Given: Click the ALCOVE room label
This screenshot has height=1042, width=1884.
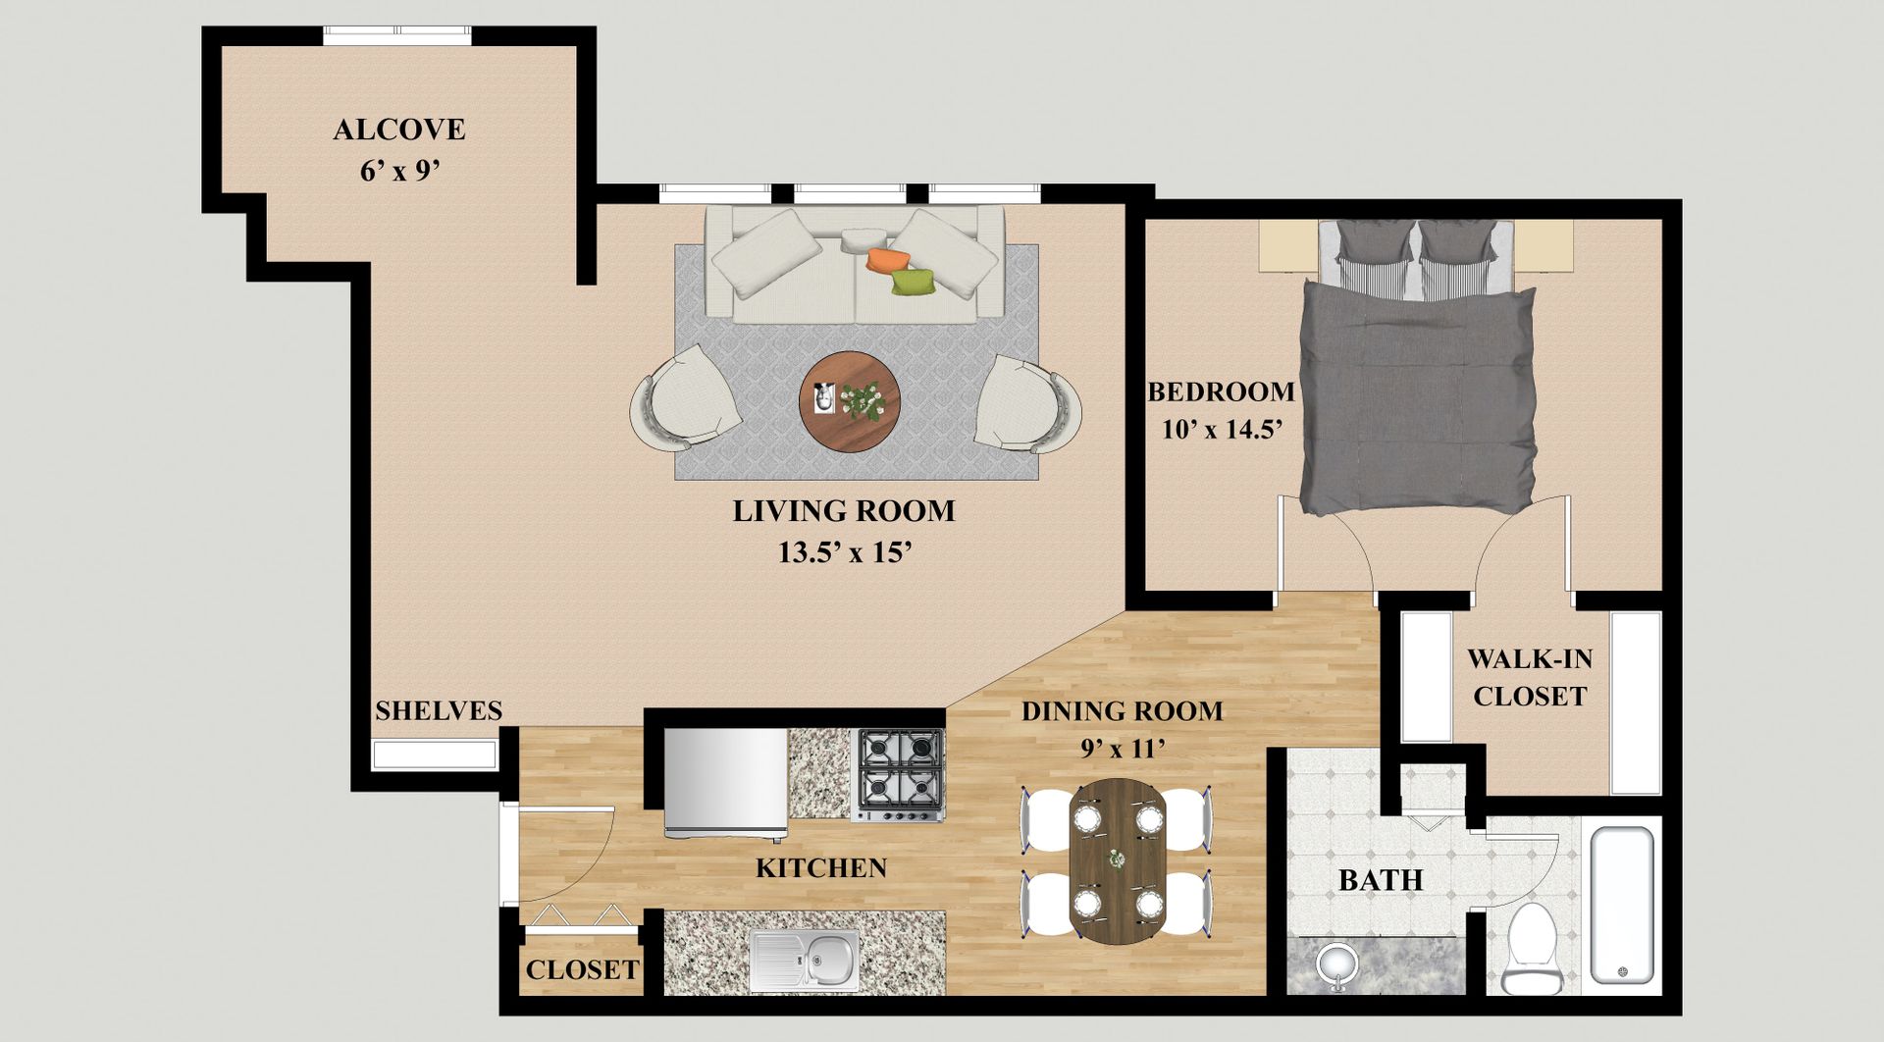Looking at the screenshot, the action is pyautogui.click(x=399, y=130).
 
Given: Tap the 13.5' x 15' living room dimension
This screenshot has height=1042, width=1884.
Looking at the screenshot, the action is pyautogui.click(x=846, y=552).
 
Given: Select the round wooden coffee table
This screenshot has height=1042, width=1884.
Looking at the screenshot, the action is pyautogui.click(x=850, y=400).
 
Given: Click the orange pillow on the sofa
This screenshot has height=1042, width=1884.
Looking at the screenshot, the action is pyautogui.click(x=888, y=259).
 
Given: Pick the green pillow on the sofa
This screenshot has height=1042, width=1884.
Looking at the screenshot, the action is pyautogui.click(x=913, y=282).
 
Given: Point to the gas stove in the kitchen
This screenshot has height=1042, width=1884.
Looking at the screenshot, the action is pyautogui.click(x=900, y=774).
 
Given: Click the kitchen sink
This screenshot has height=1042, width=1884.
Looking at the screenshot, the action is pyautogui.click(x=805, y=960).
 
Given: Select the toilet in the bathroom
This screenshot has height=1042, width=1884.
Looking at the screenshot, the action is pyautogui.click(x=1531, y=949).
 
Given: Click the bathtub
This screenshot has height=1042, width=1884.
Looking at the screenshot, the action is pyautogui.click(x=1622, y=905).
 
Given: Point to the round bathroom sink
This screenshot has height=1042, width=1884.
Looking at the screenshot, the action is pyautogui.click(x=1337, y=964).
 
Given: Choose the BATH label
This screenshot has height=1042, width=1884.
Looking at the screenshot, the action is pyautogui.click(x=1381, y=880).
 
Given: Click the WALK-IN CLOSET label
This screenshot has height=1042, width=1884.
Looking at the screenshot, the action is pyautogui.click(x=1530, y=677).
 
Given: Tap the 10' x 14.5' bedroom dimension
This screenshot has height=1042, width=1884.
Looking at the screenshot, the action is pyautogui.click(x=1223, y=429).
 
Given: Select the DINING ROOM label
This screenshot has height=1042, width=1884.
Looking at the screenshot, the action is pyautogui.click(x=1123, y=711).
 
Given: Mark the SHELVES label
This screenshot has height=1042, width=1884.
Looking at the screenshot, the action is pyautogui.click(x=439, y=710).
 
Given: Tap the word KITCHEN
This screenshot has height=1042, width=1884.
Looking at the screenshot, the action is pyautogui.click(x=821, y=867).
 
